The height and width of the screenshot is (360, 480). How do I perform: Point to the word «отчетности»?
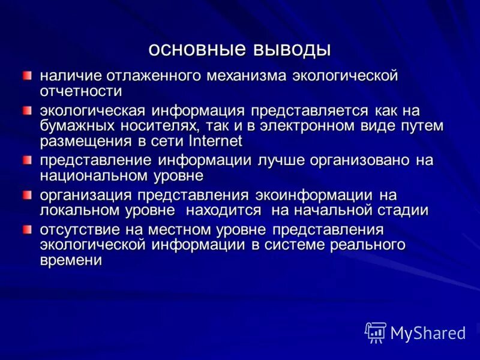pos(81,91)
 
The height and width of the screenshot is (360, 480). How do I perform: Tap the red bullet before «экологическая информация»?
pos(28,111)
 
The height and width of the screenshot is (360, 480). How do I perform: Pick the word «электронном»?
pos(337,126)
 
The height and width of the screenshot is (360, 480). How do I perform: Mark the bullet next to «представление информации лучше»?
pos(28,160)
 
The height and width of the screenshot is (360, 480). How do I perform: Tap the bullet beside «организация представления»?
pos(28,195)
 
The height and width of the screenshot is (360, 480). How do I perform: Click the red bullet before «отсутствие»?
pos(28,230)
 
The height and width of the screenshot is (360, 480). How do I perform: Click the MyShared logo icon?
pos(376,332)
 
